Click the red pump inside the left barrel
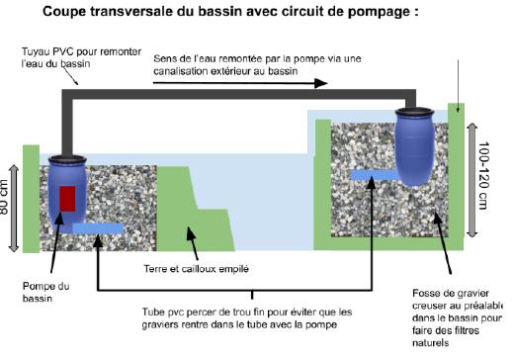67,199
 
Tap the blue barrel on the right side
414,146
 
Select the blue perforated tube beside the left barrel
98,228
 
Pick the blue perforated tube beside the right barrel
375,175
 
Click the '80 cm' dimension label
4,197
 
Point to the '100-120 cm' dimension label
483,176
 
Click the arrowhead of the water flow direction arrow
321,83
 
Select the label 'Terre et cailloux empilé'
196,269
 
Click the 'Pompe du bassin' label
46,292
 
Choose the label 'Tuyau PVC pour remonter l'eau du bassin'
81,57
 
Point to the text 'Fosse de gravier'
451,293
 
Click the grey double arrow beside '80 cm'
14,209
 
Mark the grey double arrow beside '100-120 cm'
472,180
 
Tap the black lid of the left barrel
67,159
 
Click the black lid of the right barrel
414,112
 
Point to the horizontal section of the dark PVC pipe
239,94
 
